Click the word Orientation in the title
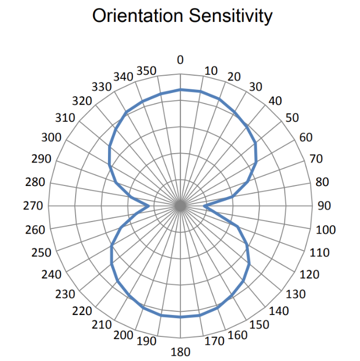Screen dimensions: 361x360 point(136,16)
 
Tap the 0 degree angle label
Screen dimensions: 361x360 point(181,60)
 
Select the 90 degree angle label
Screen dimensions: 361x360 point(324,206)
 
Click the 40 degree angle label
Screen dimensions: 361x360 point(274,100)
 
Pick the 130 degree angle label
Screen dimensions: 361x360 point(295,294)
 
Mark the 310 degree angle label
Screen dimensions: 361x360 point(65,118)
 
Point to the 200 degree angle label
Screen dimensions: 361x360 point(124,335)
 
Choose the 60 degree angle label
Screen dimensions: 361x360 point(306,137)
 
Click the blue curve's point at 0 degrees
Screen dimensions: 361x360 point(181,90)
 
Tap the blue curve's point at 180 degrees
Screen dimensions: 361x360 point(181,317)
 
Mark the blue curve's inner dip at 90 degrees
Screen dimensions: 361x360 point(204,206)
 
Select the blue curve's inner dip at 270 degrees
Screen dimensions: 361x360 point(150,206)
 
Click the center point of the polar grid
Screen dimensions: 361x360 point(181,206)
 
